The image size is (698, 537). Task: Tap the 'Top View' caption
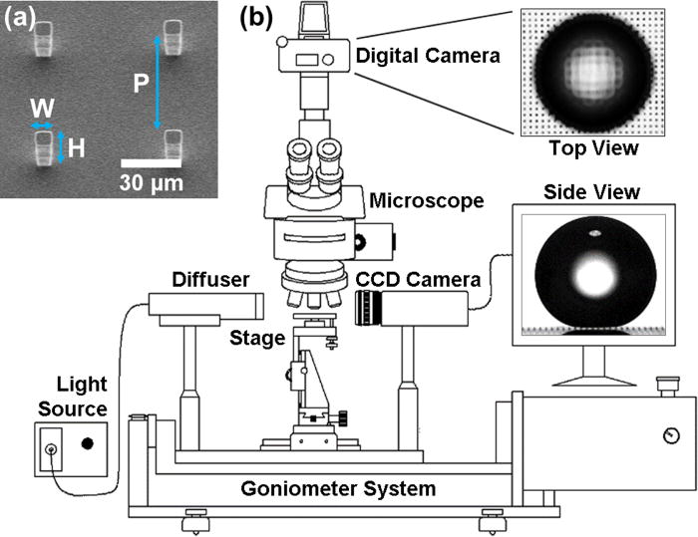point(591,148)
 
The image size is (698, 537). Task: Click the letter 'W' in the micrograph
point(41,108)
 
